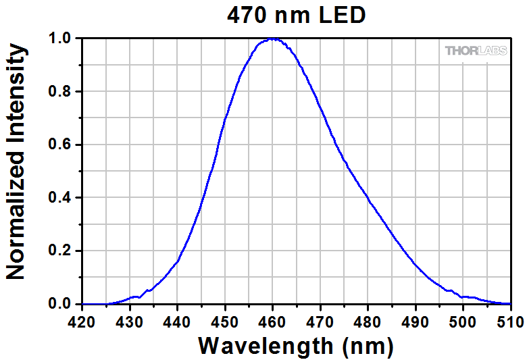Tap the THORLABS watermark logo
[476, 51]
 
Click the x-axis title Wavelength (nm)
[296, 346]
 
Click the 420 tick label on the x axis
[82, 317]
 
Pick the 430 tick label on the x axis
[129, 317]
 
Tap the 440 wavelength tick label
[177, 317]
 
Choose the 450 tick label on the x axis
[225, 317]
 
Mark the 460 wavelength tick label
[272, 317]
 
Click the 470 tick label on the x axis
[320, 317]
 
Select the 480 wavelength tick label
[368, 317]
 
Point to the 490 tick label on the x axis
[416, 317]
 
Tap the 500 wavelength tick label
[463, 317]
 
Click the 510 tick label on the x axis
[510, 317]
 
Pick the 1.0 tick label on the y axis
[61, 39]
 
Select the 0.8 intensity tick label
[61, 92]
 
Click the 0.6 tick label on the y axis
[61, 145]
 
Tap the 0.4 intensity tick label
[61, 198]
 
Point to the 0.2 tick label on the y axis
[61, 251]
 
